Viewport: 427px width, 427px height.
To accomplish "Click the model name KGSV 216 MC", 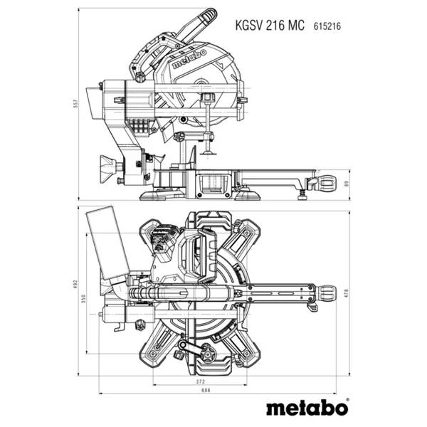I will coord(270,25).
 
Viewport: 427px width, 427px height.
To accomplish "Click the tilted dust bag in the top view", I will coord(107,242).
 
